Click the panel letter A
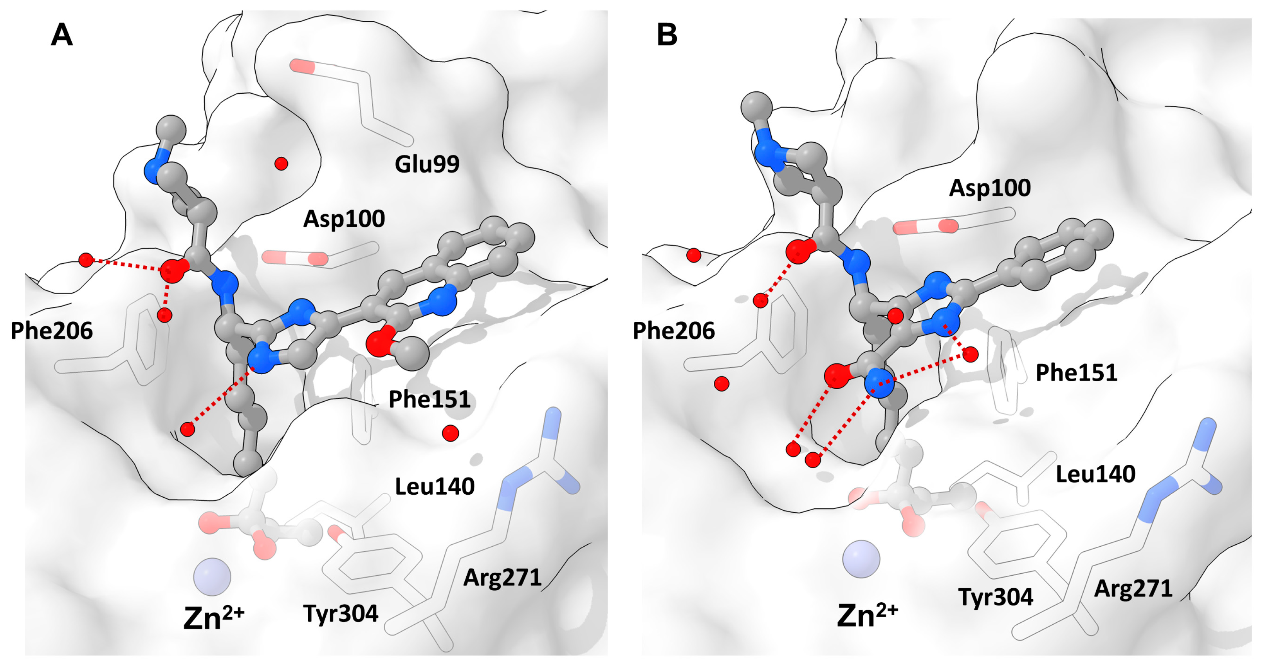tap(62, 35)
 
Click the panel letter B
tap(667, 35)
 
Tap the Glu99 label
tap(427, 164)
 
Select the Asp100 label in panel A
tap(344, 219)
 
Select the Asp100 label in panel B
tap(989, 188)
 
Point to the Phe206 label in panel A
tap(51, 331)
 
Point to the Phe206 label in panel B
tap(674, 331)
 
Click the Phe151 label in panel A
tap(429, 399)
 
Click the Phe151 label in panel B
tap(1076, 373)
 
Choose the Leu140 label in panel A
tap(435, 486)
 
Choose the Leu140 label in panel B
tap(1095, 474)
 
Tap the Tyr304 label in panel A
tap(341, 613)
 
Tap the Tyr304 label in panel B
tap(995, 597)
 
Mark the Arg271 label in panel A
tap(502, 578)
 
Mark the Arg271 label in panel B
tap(1133, 589)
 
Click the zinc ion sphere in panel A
tap(212, 577)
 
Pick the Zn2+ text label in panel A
tap(213, 618)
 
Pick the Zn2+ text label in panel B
tap(867, 615)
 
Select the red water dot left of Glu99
tap(281, 163)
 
